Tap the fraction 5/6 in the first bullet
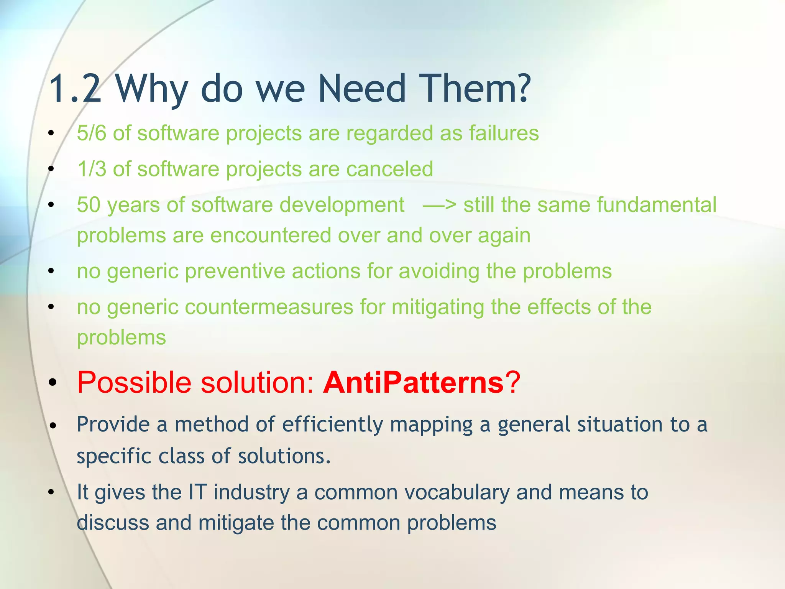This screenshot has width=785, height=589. click(x=91, y=133)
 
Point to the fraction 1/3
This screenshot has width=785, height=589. click(x=91, y=169)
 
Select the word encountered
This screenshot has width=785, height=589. click(x=271, y=235)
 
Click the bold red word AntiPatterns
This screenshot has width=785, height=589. click(x=414, y=382)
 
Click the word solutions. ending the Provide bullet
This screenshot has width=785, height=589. click(x=284, y=456)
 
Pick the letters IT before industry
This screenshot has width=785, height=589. click(x=197, y=492)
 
